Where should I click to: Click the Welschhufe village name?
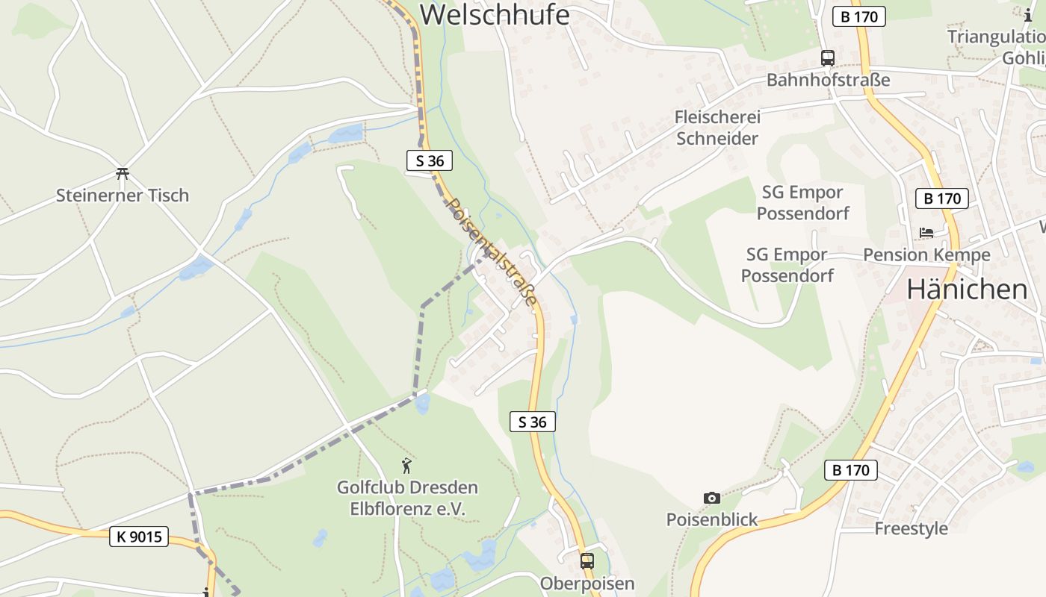[495, 15]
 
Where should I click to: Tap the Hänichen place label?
[967, 290]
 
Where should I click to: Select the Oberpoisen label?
[587, 583]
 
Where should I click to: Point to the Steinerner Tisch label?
[123, 196]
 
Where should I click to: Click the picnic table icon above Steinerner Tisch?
[123, 174]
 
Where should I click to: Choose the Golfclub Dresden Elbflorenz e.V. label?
[407, 498]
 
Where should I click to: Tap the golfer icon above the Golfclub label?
[406, 466]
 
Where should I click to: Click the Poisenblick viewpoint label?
[712, 519]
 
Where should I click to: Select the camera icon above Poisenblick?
[712, 498]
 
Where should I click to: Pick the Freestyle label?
[911, 528]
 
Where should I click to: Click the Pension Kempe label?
[926, 254]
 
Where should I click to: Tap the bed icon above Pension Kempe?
[926, 233]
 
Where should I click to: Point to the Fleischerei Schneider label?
[717, 128]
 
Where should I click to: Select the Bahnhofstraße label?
[828, 80]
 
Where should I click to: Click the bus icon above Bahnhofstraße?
[828, 57]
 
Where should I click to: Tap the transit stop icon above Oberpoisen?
[587, 560]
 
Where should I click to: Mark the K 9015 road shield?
[139, 536]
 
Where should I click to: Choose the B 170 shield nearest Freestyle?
[851, 470]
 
